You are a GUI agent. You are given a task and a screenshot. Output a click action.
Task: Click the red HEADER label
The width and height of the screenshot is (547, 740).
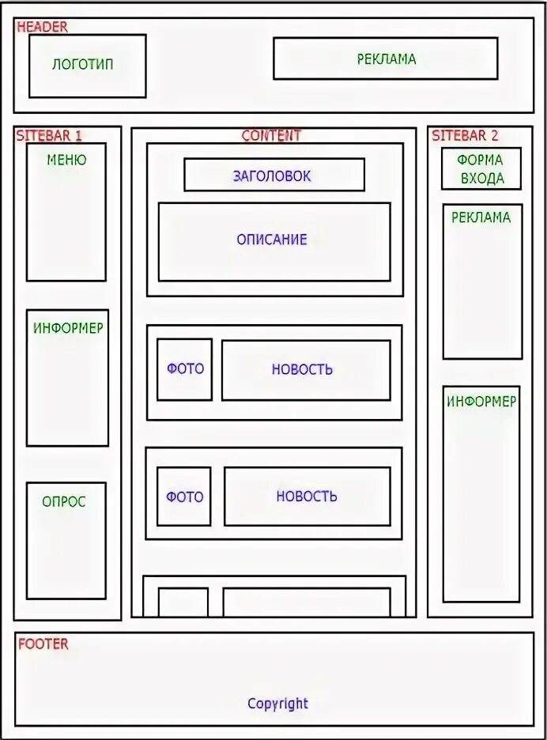[x=42, y=27]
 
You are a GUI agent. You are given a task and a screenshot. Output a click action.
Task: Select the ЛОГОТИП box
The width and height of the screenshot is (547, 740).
[x=87, y=66]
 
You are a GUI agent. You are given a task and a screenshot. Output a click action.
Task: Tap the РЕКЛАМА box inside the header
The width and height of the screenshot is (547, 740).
[x=386, y=59]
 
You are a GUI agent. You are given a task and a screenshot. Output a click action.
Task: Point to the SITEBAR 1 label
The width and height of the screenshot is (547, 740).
[x=48, y=136]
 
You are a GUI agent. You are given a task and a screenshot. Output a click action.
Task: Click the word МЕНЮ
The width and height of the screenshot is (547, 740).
[x=66, y=160]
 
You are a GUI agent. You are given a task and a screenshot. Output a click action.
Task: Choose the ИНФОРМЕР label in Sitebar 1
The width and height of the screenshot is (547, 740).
[x=68, y=327]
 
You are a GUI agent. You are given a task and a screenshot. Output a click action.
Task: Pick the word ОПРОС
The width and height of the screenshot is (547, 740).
[x=64, y=501]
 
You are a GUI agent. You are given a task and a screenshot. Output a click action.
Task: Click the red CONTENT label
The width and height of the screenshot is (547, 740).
[x=271, y=136]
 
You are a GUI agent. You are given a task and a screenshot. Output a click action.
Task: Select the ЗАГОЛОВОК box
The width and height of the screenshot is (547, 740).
[x=273, y=175]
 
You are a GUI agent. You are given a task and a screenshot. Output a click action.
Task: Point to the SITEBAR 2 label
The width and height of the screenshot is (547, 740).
[x=465, y=136]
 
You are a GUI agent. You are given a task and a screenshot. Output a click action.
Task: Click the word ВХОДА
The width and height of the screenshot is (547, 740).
[x=482, y=179]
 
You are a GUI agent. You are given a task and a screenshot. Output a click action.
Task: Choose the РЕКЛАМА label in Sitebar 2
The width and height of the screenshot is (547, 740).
[x=481, y=217]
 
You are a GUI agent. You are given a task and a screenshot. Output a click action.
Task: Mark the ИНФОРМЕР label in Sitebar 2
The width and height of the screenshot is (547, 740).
[x=481, y=402]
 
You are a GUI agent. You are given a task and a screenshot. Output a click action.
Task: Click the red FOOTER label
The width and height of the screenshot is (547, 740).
[x=43, y=644]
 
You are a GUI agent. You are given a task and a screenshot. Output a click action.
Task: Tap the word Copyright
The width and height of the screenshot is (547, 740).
[x=277, y=704]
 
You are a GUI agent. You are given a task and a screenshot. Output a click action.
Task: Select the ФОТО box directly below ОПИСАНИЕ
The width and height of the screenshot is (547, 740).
[x=184, y=369]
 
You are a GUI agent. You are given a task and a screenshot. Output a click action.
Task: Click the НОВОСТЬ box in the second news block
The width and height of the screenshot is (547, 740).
[x=307, y=496]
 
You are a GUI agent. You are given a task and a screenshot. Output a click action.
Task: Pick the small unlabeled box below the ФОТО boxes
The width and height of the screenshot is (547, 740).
[x=183, y=602]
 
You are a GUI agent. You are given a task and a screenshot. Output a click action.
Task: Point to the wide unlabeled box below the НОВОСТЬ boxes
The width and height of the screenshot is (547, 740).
[x=307, y=602]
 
